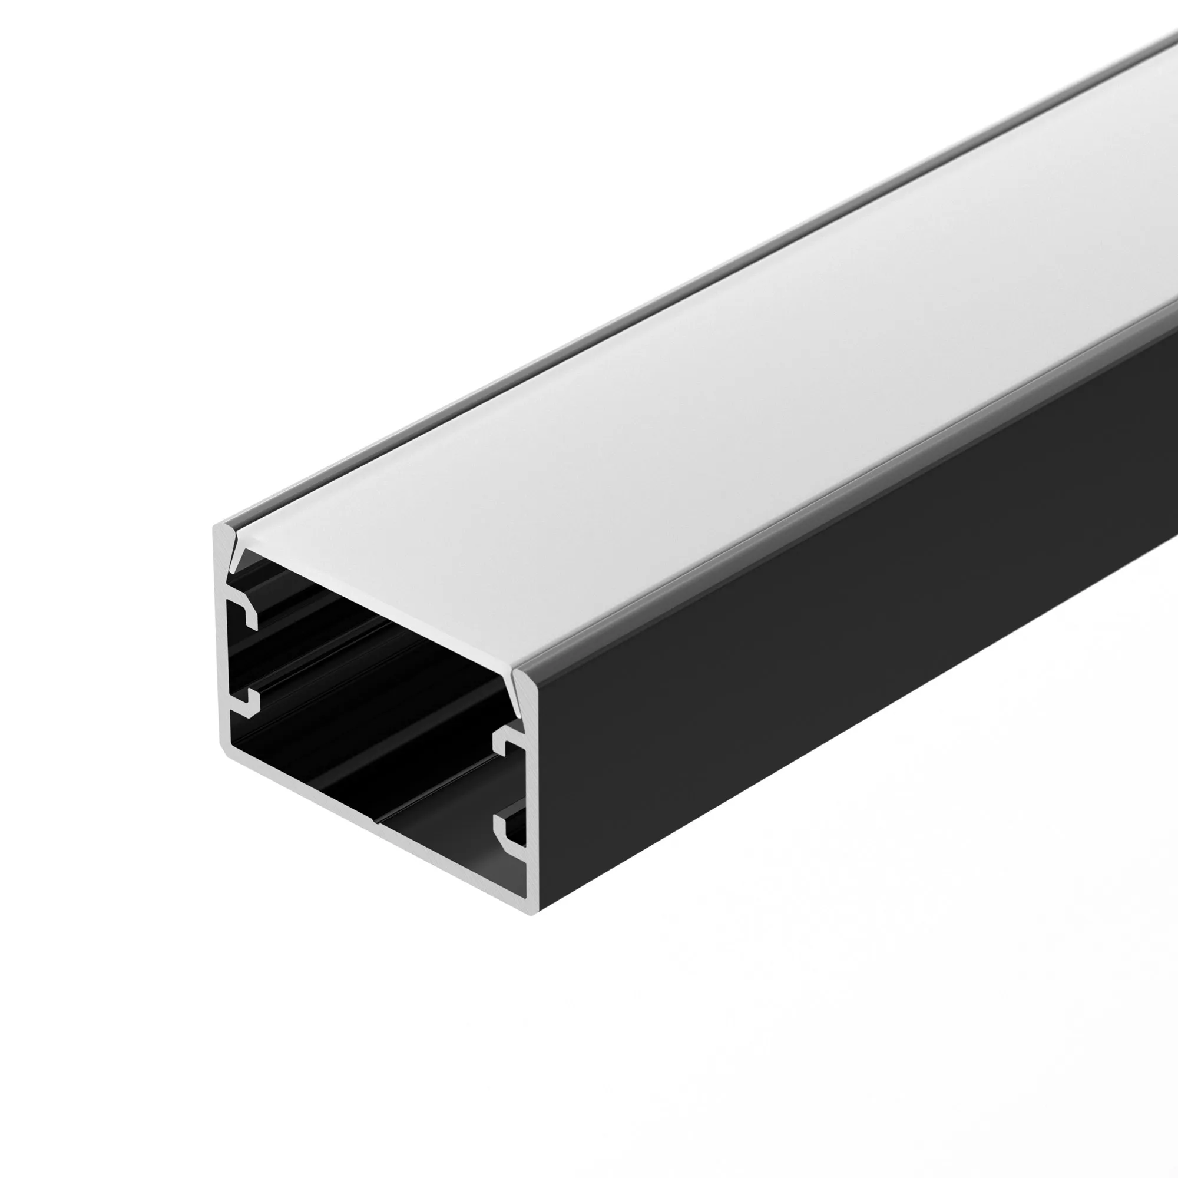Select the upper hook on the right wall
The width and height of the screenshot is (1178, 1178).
tap(505, 740)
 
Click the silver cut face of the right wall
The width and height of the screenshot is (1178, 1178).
tap(534, 793)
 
